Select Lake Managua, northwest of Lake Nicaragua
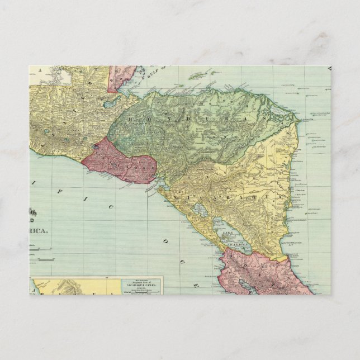[x=197, y=211]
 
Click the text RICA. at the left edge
[x=39, y=230]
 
